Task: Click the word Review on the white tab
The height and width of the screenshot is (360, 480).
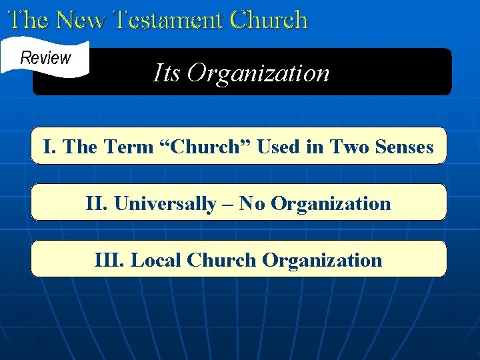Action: click(45, 57)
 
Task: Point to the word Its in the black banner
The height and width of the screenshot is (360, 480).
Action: click(167, 72)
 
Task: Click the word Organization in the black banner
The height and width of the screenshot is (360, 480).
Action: click(259, 73)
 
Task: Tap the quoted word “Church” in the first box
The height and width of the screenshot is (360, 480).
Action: click(205, 147)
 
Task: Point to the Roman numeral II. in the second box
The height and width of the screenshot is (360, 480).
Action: click(97, 203)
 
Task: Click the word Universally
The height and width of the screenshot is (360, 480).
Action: click(165, 203)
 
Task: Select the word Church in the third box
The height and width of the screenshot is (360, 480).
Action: click(223, 260)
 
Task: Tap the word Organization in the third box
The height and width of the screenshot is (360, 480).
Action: click(322, 260)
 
